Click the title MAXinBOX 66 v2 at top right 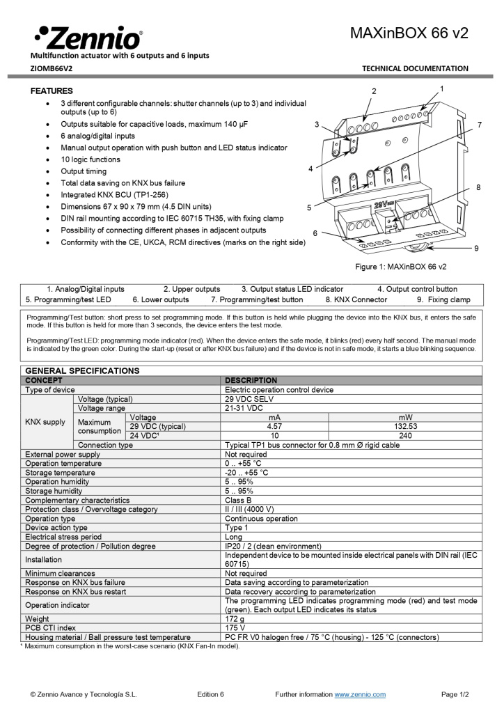[x=409, y=33]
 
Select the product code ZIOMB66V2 [x=51, y=68]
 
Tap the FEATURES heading [x=52, y=91]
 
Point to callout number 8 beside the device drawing [x=478, y=187]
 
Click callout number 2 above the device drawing [x=374, y=91]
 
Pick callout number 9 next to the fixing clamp [x=476, y=248]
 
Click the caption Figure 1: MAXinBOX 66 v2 [x=401, y=267]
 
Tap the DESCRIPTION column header [x=251, y=380]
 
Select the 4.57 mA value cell [x=274, y=426]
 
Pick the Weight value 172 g [x=236, y=619]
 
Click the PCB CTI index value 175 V [x=236, y=628]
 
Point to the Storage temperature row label [x=59, y=473]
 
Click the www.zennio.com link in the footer [x=360, y=694]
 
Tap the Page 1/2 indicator [x=455, y=694]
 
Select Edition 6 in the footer [x=210, y=694]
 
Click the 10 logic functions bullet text [x=90, y=159]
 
